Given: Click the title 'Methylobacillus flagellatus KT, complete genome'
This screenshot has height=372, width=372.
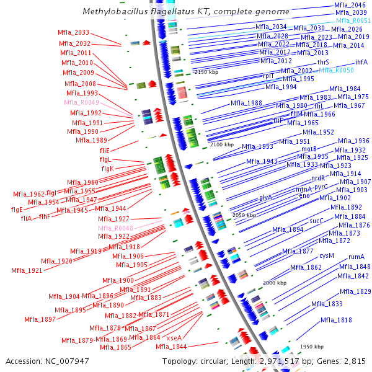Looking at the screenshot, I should [186, 12].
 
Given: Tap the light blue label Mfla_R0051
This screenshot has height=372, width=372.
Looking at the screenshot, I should [354, 20].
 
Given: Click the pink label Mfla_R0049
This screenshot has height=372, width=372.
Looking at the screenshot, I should [81, 103].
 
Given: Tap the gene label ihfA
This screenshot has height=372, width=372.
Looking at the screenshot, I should [361, 63].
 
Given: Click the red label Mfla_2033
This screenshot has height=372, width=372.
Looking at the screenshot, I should [73, 33].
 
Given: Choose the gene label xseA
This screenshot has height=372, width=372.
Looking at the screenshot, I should [174, 338].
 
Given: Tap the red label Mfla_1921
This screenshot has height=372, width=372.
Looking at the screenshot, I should [27, 270].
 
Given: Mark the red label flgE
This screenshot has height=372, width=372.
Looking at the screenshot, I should [17, 210].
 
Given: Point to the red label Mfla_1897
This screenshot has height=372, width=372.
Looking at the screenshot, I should [40, 319].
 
